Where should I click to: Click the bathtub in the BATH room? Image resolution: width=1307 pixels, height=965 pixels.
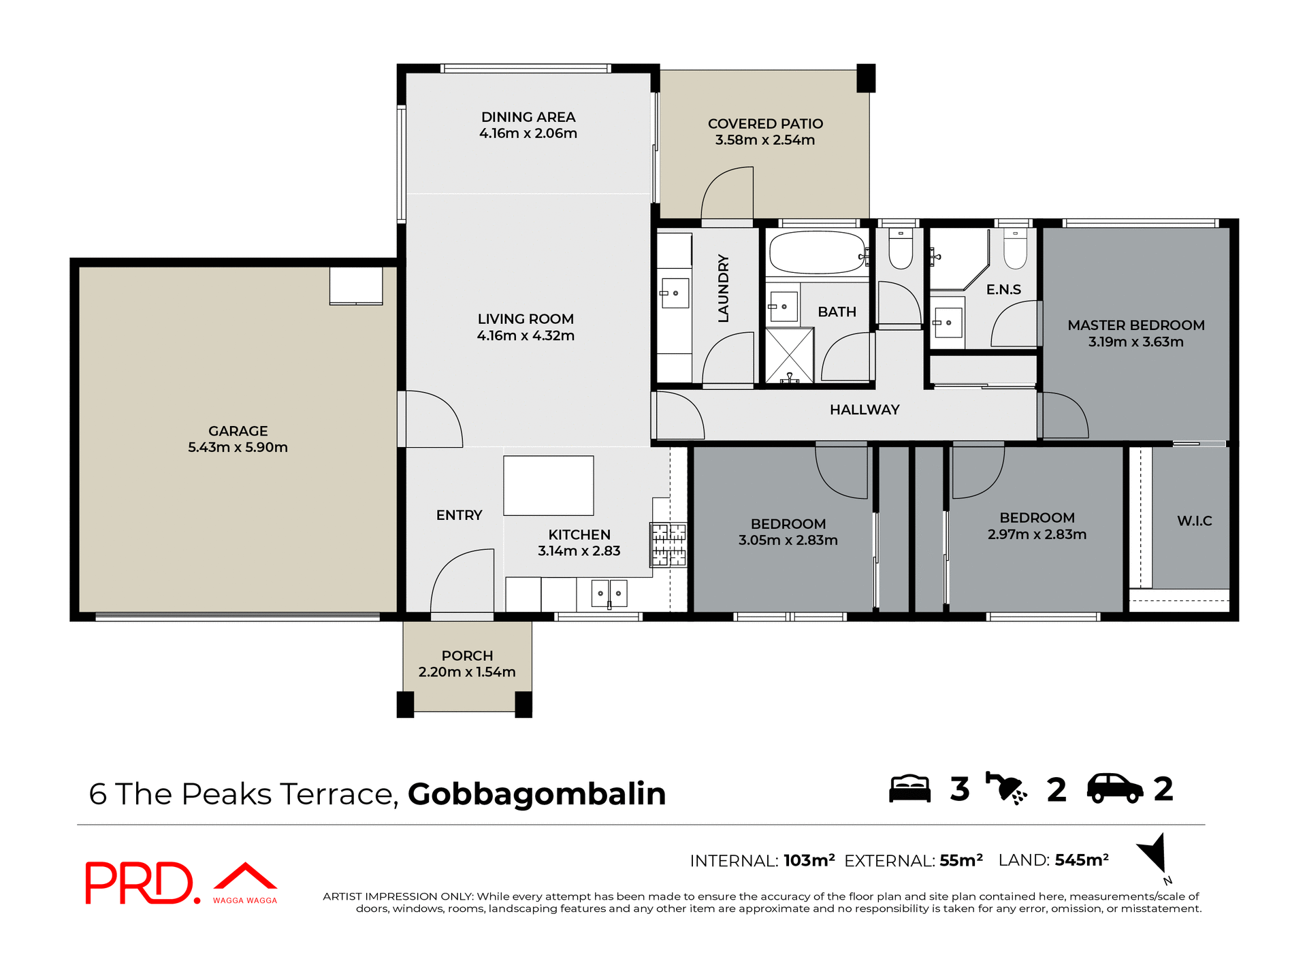(x=817, y=252)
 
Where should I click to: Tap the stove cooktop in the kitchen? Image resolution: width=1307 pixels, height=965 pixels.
(x=668, y=544)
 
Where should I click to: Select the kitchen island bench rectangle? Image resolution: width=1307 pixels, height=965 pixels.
(x=548, y=485)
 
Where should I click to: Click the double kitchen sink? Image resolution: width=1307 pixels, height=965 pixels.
(x=609, y=593)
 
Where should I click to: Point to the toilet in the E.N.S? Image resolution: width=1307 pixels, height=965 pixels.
(x=1015, y=251)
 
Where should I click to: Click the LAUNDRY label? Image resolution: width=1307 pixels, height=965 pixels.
(x=723, y=288)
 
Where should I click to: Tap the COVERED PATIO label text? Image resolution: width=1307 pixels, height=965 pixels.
(x=765, y=124)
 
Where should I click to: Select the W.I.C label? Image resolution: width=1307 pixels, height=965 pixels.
(x=1194, y=521)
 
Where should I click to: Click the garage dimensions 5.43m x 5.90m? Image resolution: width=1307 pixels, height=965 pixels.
(x=238, y=447)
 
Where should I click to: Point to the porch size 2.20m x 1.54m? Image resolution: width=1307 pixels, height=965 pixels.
(x=467, y=672)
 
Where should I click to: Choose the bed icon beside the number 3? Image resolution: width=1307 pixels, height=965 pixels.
(x=909, y=789)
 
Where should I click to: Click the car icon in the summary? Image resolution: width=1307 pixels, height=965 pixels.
(x=1114, y=789)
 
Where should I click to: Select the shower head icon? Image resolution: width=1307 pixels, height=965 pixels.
(x=1006, y=789)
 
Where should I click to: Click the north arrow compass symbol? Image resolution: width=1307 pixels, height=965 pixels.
(x=1154, y=854)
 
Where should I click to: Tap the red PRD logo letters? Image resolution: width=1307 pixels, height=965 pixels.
(x=140, y=883)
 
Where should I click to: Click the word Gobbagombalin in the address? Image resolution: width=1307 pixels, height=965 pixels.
(x=536, y=794)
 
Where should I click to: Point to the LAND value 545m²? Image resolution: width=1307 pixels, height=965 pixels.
(x=1082, y=860)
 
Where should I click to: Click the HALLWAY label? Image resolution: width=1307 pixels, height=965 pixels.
(x=864, y=410)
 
